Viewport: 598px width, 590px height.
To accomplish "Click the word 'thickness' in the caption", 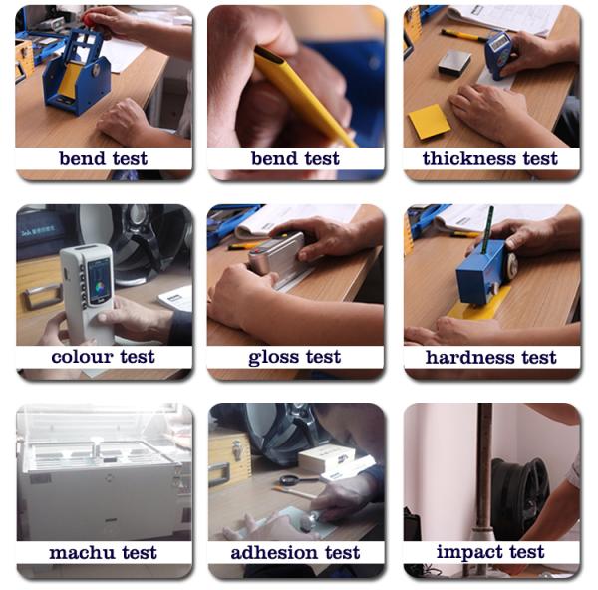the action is pos(469,158).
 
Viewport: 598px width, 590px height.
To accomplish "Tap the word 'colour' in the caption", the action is pos(82,357).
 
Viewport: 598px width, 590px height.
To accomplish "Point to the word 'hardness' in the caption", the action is pos(469,358).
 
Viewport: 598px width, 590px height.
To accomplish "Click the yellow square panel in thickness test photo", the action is pos(429,122).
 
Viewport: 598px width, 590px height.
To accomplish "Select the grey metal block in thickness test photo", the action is pos(453,62).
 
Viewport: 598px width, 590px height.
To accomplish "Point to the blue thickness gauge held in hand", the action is pos(498,55).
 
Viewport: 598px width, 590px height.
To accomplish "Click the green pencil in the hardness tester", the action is pos(487,230).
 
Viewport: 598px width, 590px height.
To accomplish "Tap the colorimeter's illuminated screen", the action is pos(99,280).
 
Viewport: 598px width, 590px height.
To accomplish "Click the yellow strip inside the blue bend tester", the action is pos(70,81).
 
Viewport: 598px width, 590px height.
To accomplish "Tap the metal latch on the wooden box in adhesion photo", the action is pos(236,450).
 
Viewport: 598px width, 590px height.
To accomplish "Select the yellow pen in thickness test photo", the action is pos(462,35).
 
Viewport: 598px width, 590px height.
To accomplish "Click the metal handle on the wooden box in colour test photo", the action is pos(42,296).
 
